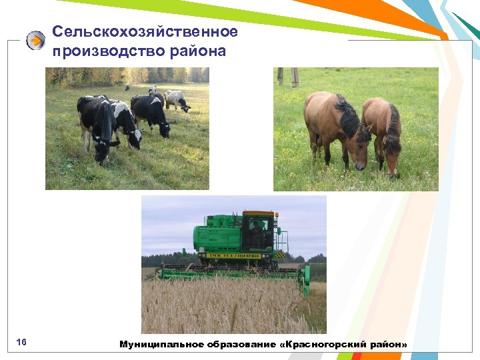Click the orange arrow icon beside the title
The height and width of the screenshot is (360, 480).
tap(35, 41)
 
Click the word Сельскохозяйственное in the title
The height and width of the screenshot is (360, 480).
tap(145, 31)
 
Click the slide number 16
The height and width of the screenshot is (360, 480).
tap(21, 343)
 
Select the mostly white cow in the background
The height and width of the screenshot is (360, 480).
tap(177, 100)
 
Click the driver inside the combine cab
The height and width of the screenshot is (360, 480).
tap(256, 234)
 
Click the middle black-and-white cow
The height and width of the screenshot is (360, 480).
tap(125, 123)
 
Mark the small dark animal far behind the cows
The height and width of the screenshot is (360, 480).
tap(127, 87)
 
